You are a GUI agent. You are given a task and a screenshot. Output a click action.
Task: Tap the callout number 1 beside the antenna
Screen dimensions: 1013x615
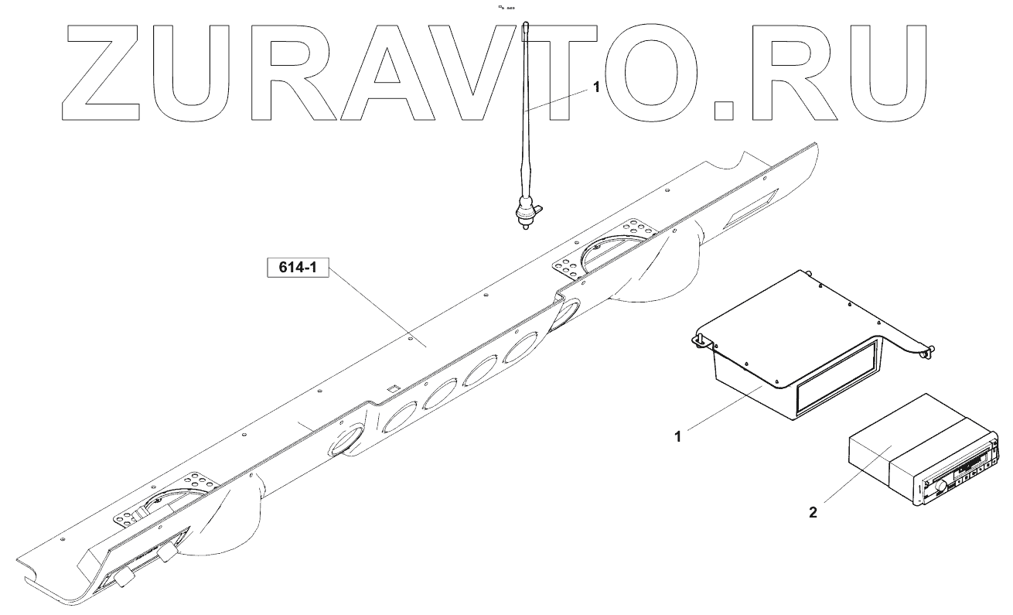pos(595,88)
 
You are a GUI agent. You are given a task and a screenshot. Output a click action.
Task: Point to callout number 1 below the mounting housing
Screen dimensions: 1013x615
pos(677,436)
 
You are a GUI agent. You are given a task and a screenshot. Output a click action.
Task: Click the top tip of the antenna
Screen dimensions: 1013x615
pos(525,25)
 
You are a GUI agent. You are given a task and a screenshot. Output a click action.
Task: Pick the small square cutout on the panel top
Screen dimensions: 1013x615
pos(392,388)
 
